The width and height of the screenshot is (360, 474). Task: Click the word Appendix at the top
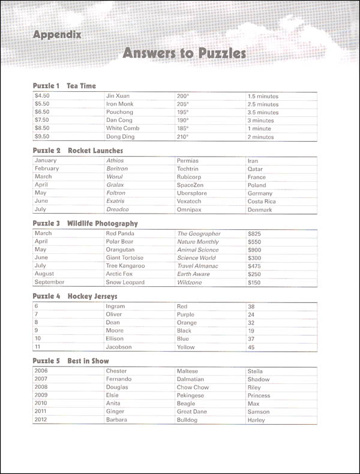57,35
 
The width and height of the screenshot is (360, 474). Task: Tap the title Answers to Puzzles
184,53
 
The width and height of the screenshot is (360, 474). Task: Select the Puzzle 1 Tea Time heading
64,86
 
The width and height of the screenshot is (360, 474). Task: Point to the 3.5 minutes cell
263,112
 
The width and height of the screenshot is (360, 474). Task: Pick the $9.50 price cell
44,137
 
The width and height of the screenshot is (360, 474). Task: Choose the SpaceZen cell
190,185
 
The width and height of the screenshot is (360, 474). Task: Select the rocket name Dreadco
118,209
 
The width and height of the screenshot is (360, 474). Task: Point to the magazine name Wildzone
190,282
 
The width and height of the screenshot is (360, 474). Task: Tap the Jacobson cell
120,347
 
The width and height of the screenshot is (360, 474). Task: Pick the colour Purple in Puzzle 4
186,314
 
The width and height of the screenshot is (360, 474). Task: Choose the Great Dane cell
192,412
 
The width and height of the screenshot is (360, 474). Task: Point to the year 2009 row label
41,395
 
